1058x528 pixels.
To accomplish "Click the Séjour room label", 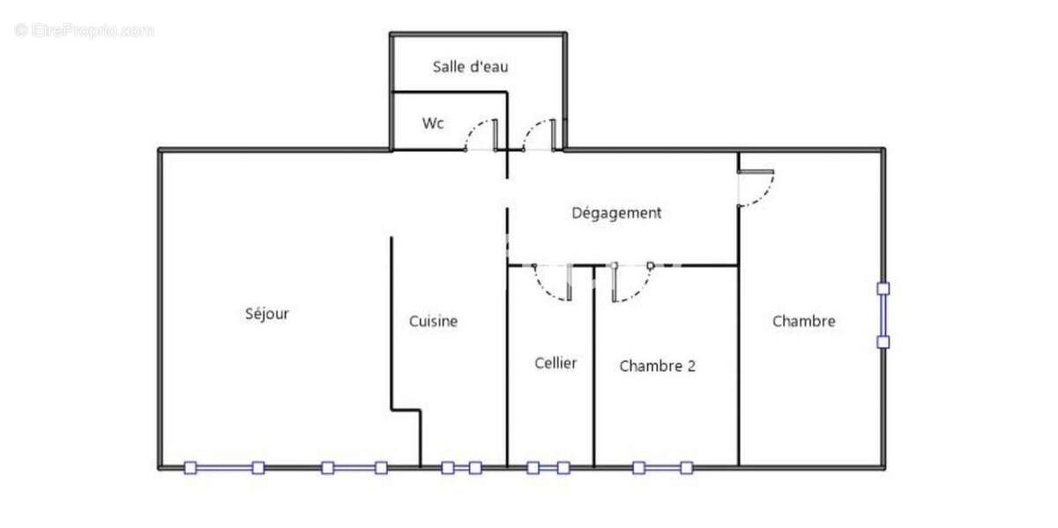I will coord(266,314).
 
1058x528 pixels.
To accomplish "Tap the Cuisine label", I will coord(433,322).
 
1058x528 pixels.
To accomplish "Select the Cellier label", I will coord(555,363).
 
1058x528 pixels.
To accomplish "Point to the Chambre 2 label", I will coord(657,366).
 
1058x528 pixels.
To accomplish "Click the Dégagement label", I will coord(616,212).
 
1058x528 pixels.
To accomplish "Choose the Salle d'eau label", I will coord(470,66).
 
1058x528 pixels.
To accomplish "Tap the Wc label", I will coord(432,123).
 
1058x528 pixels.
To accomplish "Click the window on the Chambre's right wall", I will coord(883,315).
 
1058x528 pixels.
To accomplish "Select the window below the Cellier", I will coord(548,468).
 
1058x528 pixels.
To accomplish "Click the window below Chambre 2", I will coord(661,468).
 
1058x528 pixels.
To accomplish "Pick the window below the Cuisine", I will coord(461,468).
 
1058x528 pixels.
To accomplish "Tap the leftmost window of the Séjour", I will coord(224,468).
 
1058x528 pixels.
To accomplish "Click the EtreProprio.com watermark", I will coord(84,31).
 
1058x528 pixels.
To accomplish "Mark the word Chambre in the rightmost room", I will coord(803,322).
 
